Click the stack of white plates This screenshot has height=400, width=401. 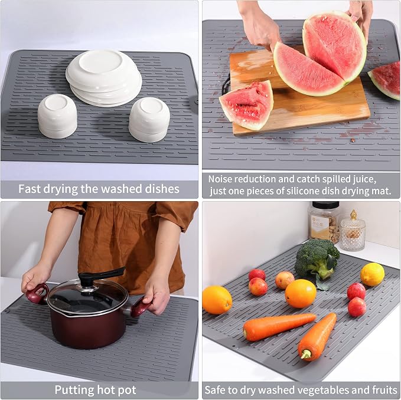click(104, 78)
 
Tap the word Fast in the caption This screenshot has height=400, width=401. click(29, 189)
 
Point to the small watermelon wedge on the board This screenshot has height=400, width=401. click(246, 105)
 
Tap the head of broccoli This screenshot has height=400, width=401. click(317, 258)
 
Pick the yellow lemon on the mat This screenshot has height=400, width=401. click(372, 274)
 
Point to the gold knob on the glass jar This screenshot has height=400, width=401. click(353, 215)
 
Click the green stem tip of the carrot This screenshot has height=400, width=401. click(305, 355)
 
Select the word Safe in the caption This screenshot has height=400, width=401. click(216, 390)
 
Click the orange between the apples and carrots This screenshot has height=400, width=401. click(301, 293)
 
